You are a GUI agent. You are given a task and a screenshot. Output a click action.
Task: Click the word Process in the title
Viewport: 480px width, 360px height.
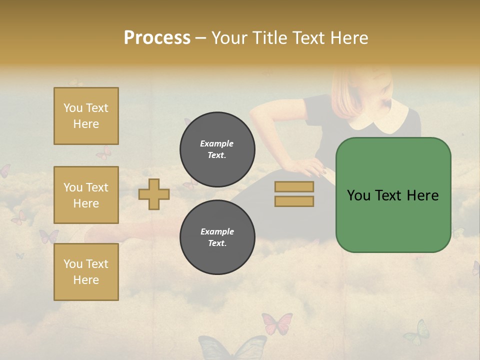(x=157, y=38)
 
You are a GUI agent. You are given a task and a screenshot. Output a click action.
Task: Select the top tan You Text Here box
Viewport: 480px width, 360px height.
(x=86, y=116)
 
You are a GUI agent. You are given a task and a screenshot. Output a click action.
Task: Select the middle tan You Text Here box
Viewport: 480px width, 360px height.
(x=86, y=195)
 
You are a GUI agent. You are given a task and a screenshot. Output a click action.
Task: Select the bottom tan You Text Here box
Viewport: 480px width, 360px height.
(x=86, y=271)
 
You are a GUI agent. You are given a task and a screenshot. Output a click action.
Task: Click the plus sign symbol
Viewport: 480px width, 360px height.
(x=154, y=194)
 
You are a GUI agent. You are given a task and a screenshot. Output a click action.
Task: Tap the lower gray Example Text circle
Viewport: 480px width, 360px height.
(x=217, y=237)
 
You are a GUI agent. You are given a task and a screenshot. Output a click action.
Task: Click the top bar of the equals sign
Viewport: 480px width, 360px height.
(x=294, y=186)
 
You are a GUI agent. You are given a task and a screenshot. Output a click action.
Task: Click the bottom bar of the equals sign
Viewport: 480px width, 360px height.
(x=294, y=201)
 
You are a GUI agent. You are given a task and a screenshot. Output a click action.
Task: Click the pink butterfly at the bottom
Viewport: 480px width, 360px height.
(x=276, y=323)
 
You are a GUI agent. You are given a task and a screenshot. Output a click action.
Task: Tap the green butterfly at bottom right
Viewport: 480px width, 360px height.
(x=416, y=332)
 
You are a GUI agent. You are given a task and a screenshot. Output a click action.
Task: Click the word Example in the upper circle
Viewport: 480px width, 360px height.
(x=217, y=143)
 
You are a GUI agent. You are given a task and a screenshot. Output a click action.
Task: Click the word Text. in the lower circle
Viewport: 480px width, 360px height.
(x=217, y=243)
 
